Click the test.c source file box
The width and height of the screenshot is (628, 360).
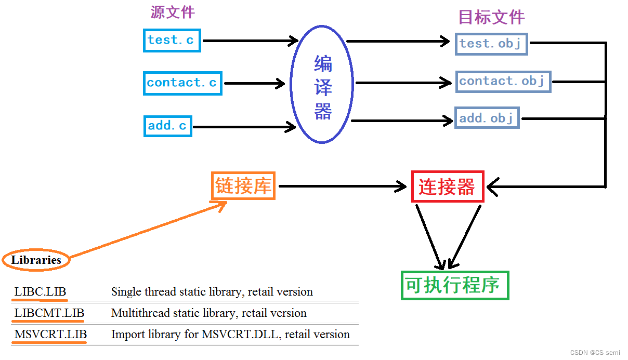click(x=172, y=41)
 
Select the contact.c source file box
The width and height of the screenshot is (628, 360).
click(x=182, y=83)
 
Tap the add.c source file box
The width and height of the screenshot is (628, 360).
click(x=167, y=126)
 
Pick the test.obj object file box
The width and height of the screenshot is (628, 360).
click(x=491, y=44)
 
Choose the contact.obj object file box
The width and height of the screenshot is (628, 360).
click(x=503, y=82)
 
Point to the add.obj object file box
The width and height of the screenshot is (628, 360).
click(x=487, y=118)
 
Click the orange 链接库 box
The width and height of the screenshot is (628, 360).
click(x=243, y=186)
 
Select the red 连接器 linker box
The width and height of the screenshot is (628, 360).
click(x=448, y=186)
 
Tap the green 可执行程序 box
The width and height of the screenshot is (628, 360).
click(x=454, y=285)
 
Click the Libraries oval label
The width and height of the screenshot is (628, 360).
click(x=36, y=260)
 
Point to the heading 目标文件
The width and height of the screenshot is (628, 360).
click(x=491, y=17)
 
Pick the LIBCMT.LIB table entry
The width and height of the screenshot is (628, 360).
click(x=49, y=313)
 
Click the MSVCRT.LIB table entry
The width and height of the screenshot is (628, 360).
click(x=50, y=335)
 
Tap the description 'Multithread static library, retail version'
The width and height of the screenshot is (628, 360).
click(x=208, y=313)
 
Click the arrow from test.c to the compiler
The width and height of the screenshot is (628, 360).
click(x=250, y=41)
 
